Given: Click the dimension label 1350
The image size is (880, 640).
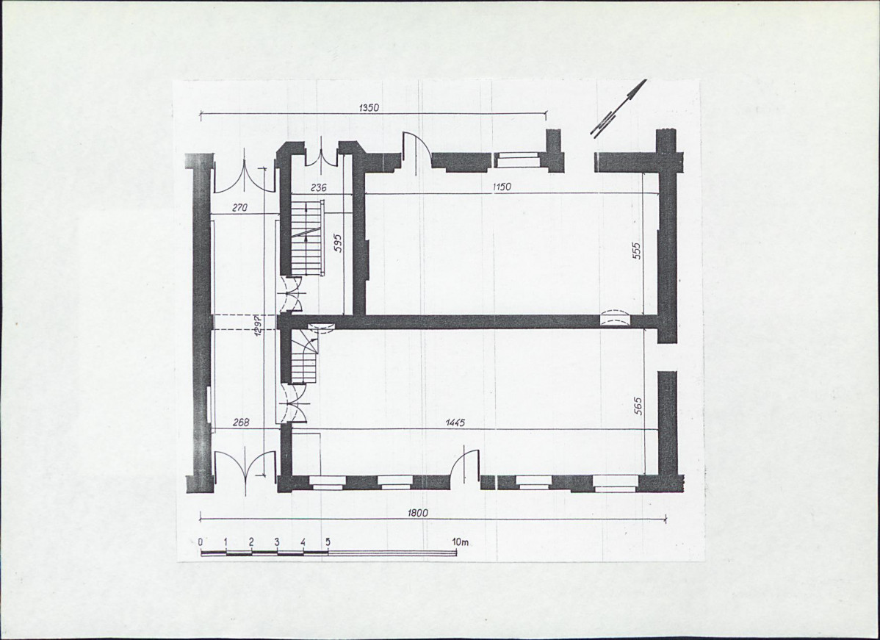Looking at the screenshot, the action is pos(369,108).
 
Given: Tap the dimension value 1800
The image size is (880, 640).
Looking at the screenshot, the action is pos(417,513).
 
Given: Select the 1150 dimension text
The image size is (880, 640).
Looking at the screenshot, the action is pos(501,187).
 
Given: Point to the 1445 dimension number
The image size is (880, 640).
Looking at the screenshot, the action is pos(455,423).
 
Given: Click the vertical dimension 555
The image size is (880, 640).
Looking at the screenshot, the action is pos(636,251).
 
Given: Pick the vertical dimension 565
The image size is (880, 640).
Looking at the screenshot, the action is pos(638,406).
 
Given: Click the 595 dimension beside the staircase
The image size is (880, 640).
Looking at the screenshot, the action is pos(338,242).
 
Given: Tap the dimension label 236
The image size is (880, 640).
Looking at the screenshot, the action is pos(318,188).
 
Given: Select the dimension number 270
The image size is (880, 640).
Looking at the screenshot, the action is pos(239,208).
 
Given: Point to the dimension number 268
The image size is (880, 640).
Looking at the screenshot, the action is pos(241,423).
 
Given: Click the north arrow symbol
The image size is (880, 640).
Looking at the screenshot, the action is pos(618,107).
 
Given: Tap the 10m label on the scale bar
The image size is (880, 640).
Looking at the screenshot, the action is pos(461,542).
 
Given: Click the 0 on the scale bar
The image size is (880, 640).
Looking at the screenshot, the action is pos(201,542).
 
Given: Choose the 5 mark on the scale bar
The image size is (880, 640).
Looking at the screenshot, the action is pos(328,542).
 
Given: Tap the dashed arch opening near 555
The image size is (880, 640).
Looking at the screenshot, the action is pos(616,317).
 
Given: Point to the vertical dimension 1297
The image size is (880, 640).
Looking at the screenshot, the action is pos(257,325).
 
